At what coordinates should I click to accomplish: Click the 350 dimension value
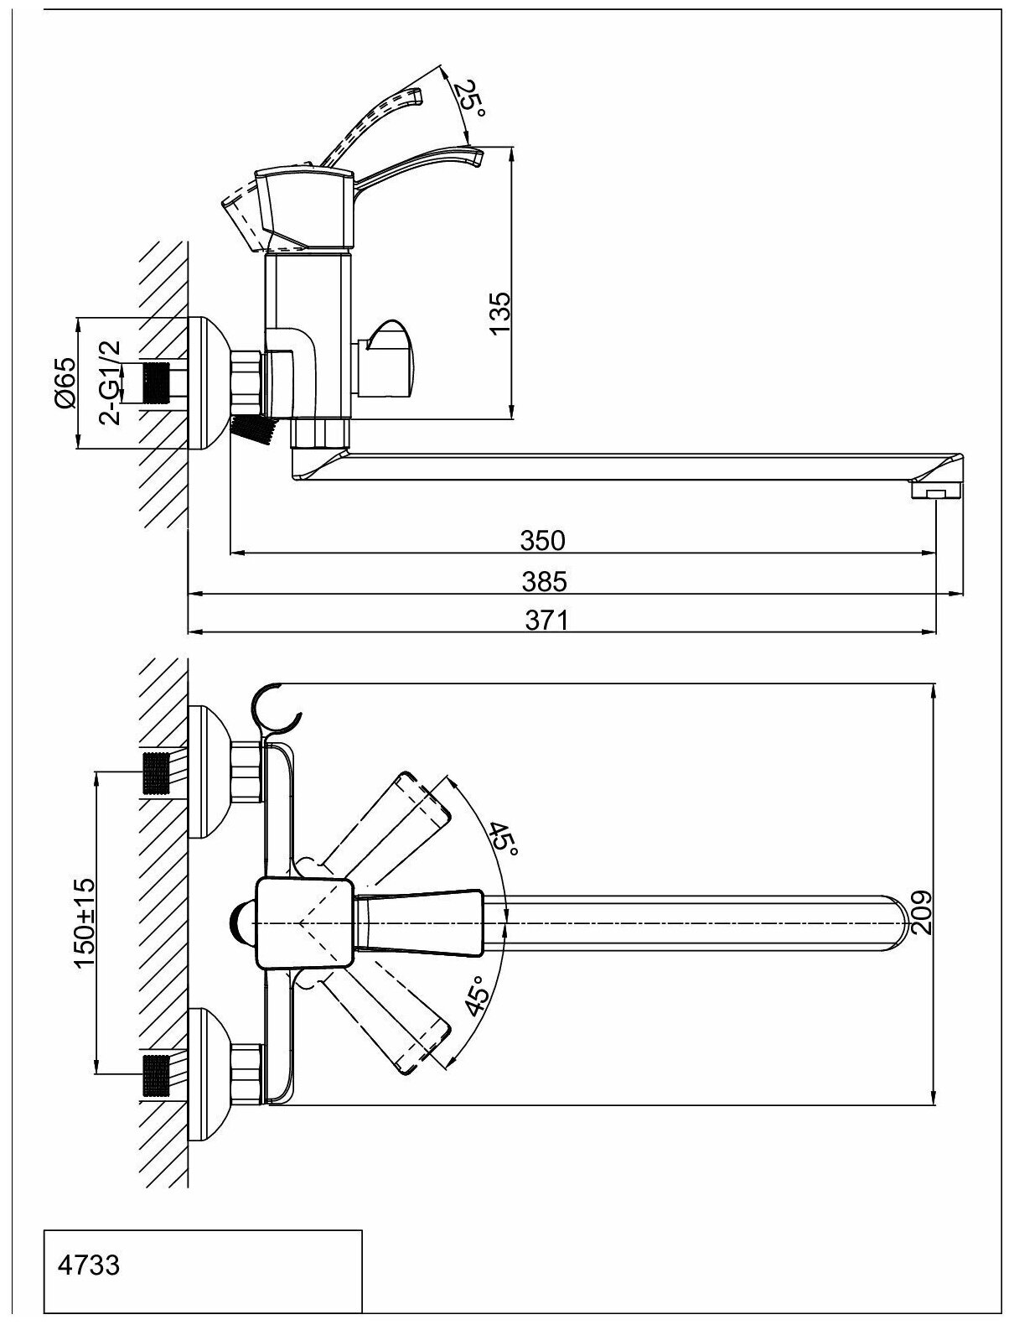[543, 541]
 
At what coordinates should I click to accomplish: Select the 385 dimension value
[543, 581]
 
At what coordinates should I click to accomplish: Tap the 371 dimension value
[546, 621]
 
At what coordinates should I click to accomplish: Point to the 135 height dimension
[499, 314]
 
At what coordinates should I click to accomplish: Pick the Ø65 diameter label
[65, 382]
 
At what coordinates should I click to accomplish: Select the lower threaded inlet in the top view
[159, 1075]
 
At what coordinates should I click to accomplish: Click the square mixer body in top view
[302, 923]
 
